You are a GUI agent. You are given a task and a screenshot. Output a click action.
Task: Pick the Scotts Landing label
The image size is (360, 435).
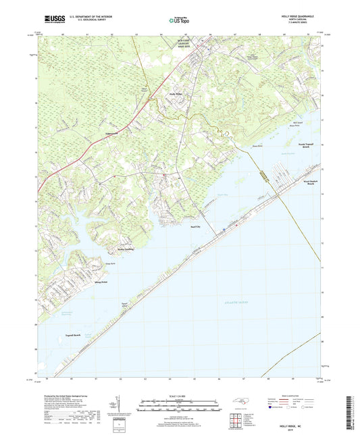[130, 247]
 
